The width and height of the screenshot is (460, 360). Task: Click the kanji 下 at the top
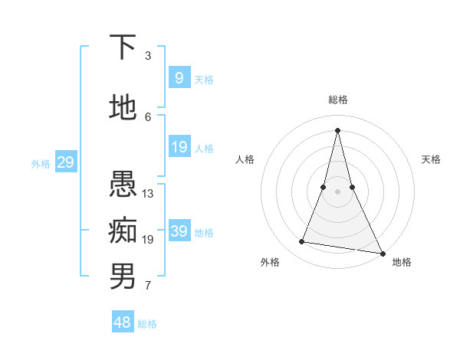click(123, 47)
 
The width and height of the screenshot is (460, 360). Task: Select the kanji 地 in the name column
click(123, 108)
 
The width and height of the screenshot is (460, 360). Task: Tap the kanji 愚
click(123, 185)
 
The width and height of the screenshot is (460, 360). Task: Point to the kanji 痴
click(123, 229)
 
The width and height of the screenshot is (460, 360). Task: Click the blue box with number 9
click(179, 78)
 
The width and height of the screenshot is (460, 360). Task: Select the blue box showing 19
click(179, 147)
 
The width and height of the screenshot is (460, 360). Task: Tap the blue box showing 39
click(179, 231)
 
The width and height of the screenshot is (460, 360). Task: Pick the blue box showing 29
click(65, 162)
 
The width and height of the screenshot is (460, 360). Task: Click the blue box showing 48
click(123, 322)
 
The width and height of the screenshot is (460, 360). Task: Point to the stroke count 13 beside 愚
click(148, 194)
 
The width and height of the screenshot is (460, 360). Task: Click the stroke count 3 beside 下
click(148, 56)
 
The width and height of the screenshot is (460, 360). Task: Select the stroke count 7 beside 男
click(148, 286)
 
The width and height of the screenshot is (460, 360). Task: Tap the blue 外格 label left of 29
click(41, 163)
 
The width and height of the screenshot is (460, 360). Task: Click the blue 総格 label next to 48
click(147, 324)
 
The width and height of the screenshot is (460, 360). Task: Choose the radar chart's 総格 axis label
click(338, 100)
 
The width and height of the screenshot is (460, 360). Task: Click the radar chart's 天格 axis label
click(432, 159)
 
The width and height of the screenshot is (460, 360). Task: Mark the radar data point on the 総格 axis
click(338, 130)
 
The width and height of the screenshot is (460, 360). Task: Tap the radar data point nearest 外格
click(302, 242)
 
